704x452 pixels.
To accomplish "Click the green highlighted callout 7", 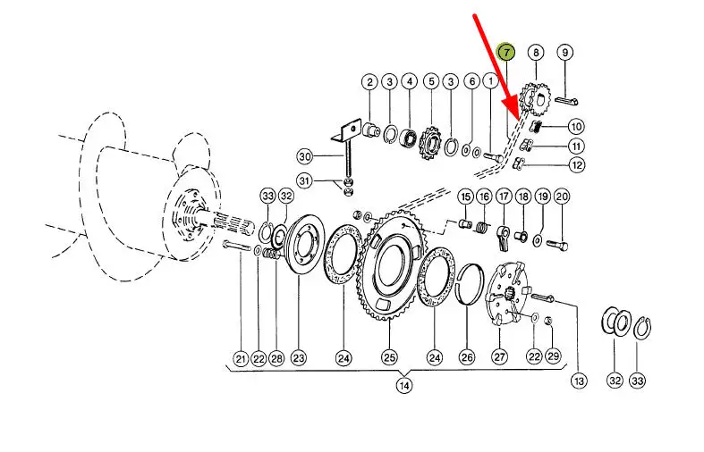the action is (506, 53).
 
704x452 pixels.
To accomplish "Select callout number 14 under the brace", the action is (404, 385).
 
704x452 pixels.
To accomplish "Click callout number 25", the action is (389, 357).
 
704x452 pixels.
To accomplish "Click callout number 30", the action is (305, 156).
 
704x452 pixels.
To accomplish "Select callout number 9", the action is (564, 53).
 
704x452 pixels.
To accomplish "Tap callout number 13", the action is (579, 381).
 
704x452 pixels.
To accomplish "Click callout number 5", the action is (431, 81).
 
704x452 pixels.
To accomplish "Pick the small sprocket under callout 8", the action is (535, 99).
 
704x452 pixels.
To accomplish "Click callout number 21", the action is (242, 359).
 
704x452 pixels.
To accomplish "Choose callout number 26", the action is (467, 357).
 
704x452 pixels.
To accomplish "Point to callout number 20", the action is (562, 196).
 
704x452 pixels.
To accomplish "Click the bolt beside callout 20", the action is (556, 246).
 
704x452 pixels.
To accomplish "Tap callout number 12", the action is (576, 165).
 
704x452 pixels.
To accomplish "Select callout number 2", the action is (369, 82).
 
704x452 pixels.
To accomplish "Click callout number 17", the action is (504, 196).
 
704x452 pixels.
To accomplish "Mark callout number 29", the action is (553, 356).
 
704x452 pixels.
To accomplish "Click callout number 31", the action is (305, 180).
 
